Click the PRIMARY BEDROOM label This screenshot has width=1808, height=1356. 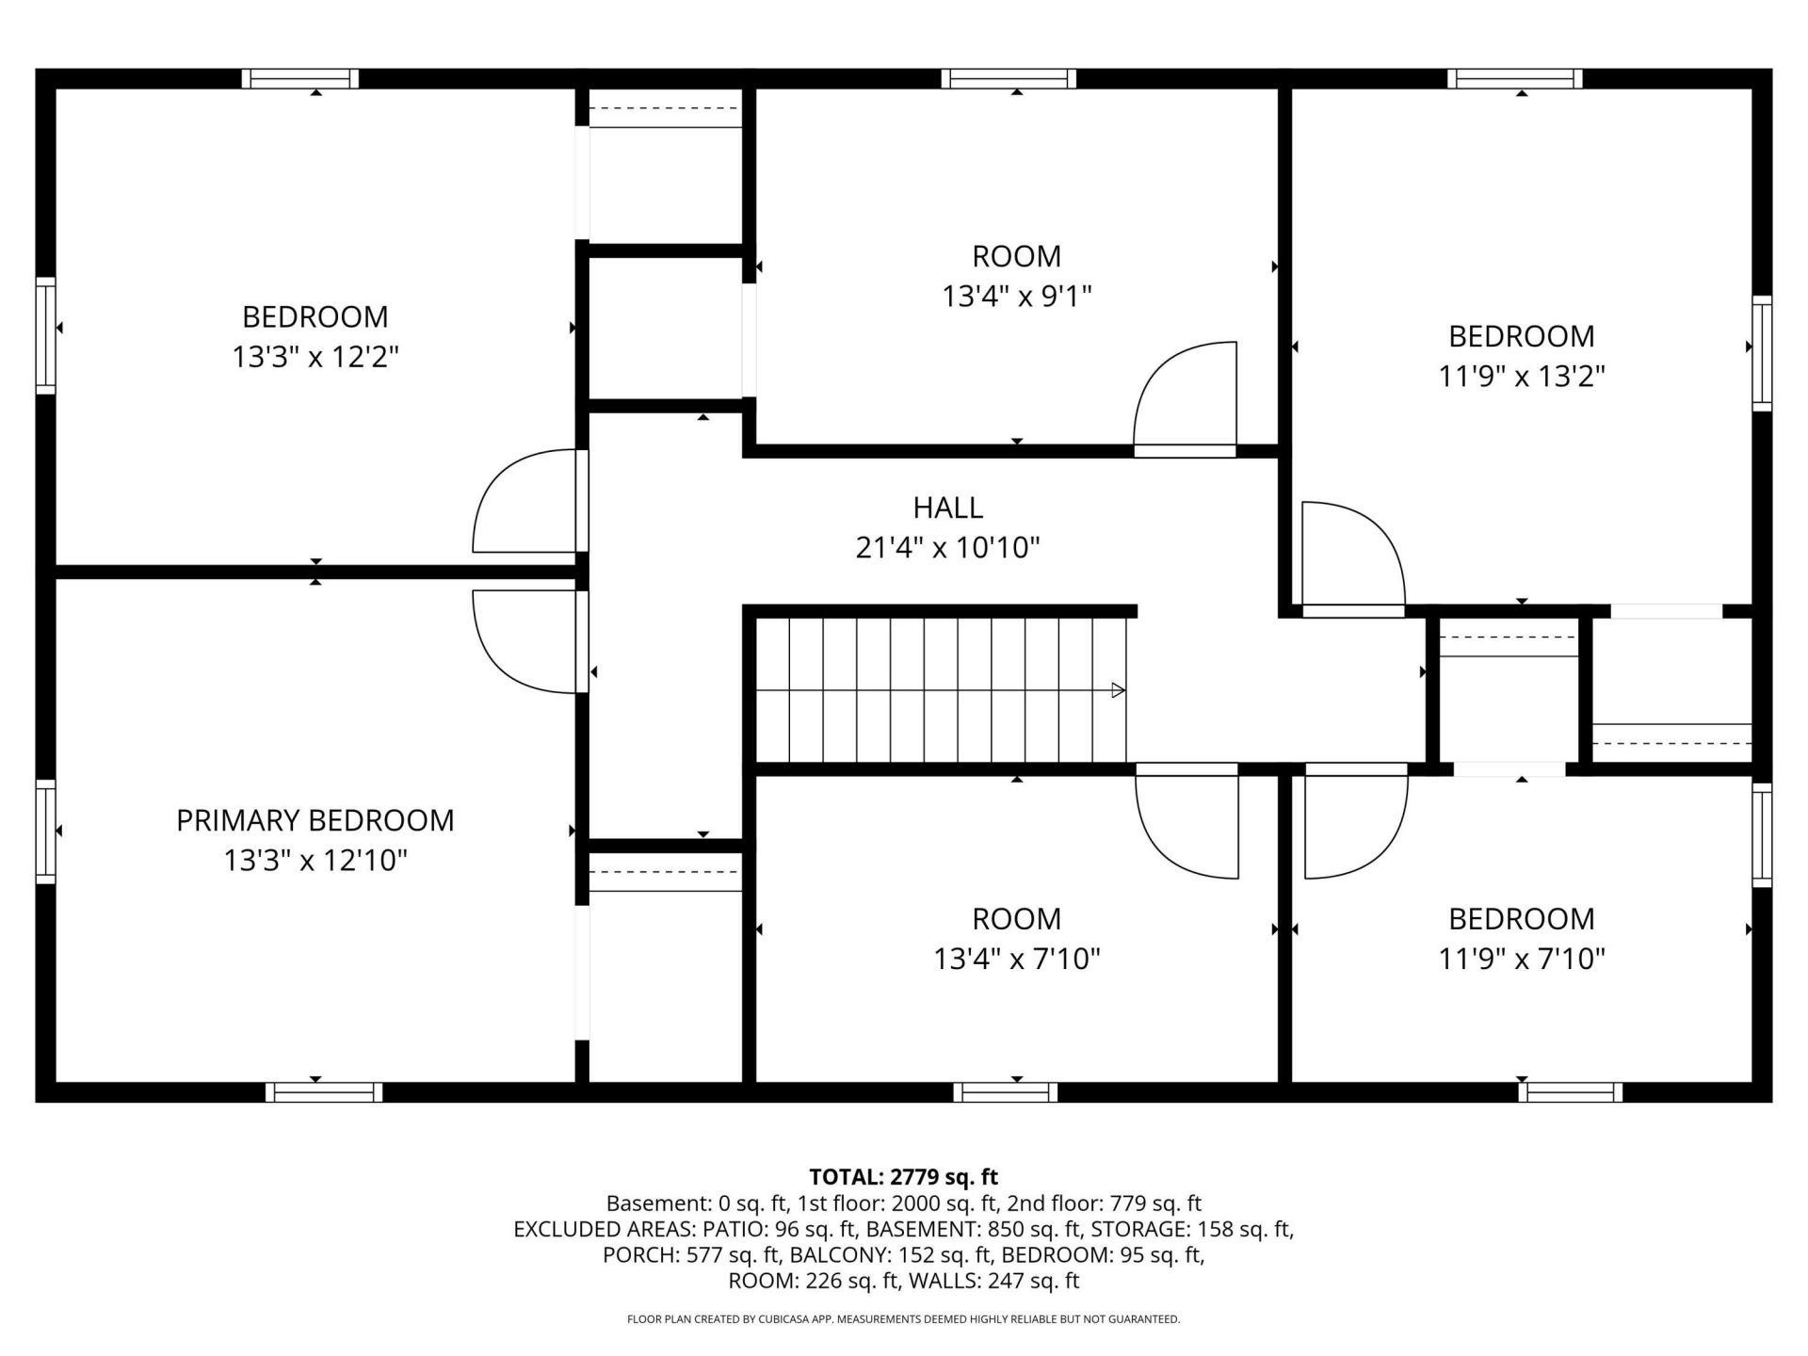tap(315, 820)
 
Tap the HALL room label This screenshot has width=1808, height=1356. tap(948, 508)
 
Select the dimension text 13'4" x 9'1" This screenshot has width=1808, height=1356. tap(1017, 297)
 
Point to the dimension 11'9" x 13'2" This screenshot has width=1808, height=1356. tap(1522, 377)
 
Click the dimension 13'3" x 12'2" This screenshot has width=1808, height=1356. tap(315, 357)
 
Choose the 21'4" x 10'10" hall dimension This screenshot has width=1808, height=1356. tap(948, 548)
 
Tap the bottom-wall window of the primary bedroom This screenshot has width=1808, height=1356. tap(324, 1092)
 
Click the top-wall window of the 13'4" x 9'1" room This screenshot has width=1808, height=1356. tap(1009, 79)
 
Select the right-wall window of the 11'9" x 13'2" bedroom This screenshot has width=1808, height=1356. tap(1762, 353)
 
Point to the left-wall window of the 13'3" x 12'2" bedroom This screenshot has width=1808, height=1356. tap(45, 335)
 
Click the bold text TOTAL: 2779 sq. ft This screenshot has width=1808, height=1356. tap(904, 1177)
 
